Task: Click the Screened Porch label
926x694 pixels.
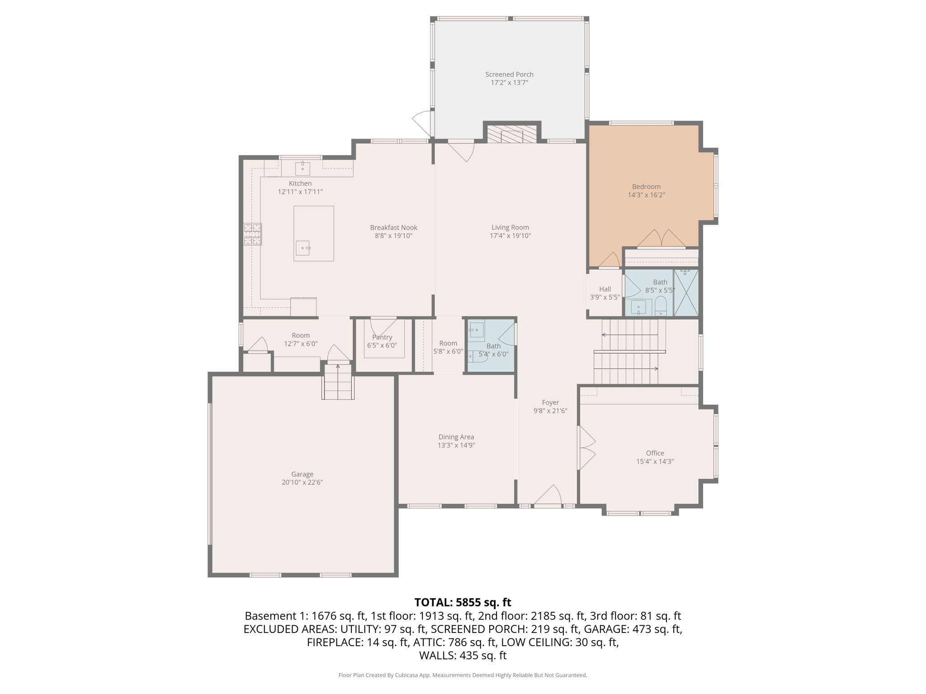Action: [509, 75]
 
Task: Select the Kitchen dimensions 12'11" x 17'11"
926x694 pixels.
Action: [300, 192]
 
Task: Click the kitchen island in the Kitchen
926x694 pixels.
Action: [314, 233]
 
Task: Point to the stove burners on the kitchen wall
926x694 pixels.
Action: [253, 234]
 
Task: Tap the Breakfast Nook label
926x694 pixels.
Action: [393, 228]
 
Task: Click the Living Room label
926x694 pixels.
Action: [510, 228]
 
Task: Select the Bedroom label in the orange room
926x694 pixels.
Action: [646, 187]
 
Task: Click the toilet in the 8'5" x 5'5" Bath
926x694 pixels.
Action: [661, 306]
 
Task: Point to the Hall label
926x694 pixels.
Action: [605, 289]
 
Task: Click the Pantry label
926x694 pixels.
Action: [382, 337]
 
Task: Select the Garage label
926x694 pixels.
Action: [302, 474]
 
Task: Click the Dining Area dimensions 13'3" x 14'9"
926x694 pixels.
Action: [456, 445]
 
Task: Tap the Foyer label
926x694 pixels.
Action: [550, 403]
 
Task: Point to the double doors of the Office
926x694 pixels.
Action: [586, 448]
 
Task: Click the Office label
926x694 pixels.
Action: [655, 453]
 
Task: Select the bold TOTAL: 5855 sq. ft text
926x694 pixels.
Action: [463, 602]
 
